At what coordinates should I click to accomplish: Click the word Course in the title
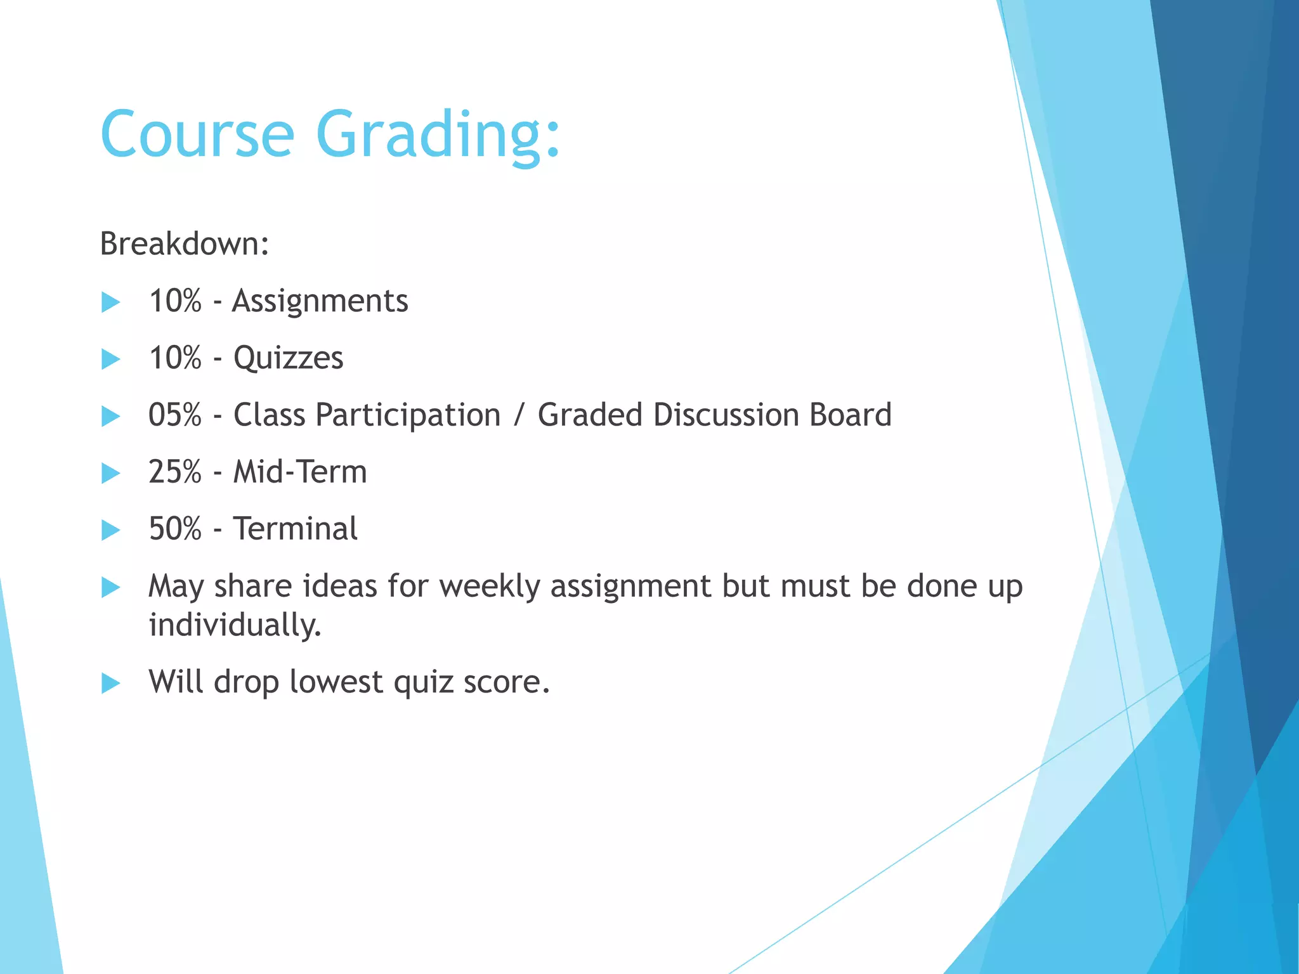click(197, 134)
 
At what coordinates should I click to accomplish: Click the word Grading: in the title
click(438, 134)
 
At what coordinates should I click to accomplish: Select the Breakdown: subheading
click(185, 244)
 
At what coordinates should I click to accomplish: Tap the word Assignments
click(320, 301)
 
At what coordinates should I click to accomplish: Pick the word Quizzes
click(288, 358)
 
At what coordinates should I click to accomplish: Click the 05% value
click(174, 415)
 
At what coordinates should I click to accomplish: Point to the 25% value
click(174, 472)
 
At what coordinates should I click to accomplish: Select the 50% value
click(174, 529)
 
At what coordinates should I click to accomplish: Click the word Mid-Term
click(300, 472)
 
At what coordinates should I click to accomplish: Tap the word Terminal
click(295, 529)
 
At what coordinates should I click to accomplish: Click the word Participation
click(408, 416)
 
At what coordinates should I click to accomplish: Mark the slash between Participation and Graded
click(519, 416)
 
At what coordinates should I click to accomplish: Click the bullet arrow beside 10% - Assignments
click(110, 302)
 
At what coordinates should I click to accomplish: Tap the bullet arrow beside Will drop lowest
click(110, 683)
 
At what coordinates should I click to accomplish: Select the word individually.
click(235, 626)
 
